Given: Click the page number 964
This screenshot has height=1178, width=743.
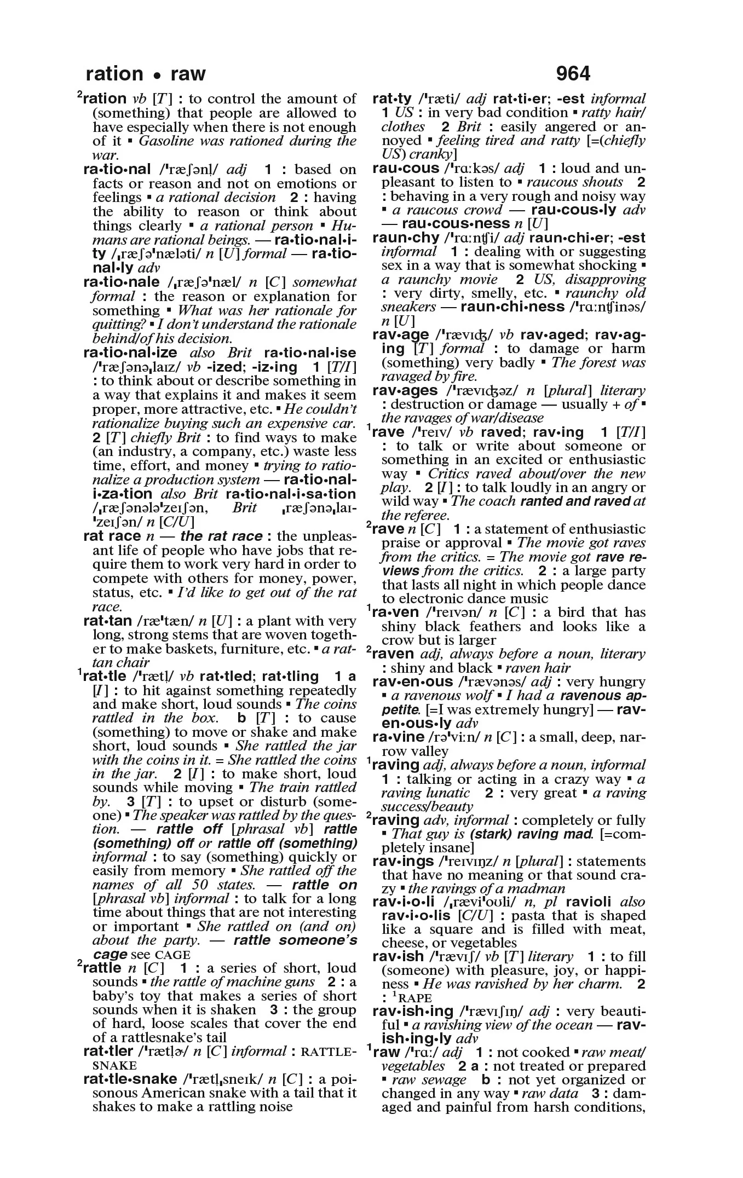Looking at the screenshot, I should click(x=573, y=73).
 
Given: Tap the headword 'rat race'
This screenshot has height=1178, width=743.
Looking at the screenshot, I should click(x=112, y=536).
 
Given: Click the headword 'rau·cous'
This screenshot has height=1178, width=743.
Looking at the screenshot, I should click(x=405, y=169).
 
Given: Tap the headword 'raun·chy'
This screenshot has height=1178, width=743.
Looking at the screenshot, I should click(x=405, y=238).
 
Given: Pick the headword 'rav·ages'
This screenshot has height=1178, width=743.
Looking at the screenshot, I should click(x=405, y=391).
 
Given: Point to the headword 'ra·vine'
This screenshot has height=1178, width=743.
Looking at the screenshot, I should click(x=398, y=737).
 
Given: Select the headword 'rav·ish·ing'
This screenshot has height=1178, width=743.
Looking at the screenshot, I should click(x=412, y=1012).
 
